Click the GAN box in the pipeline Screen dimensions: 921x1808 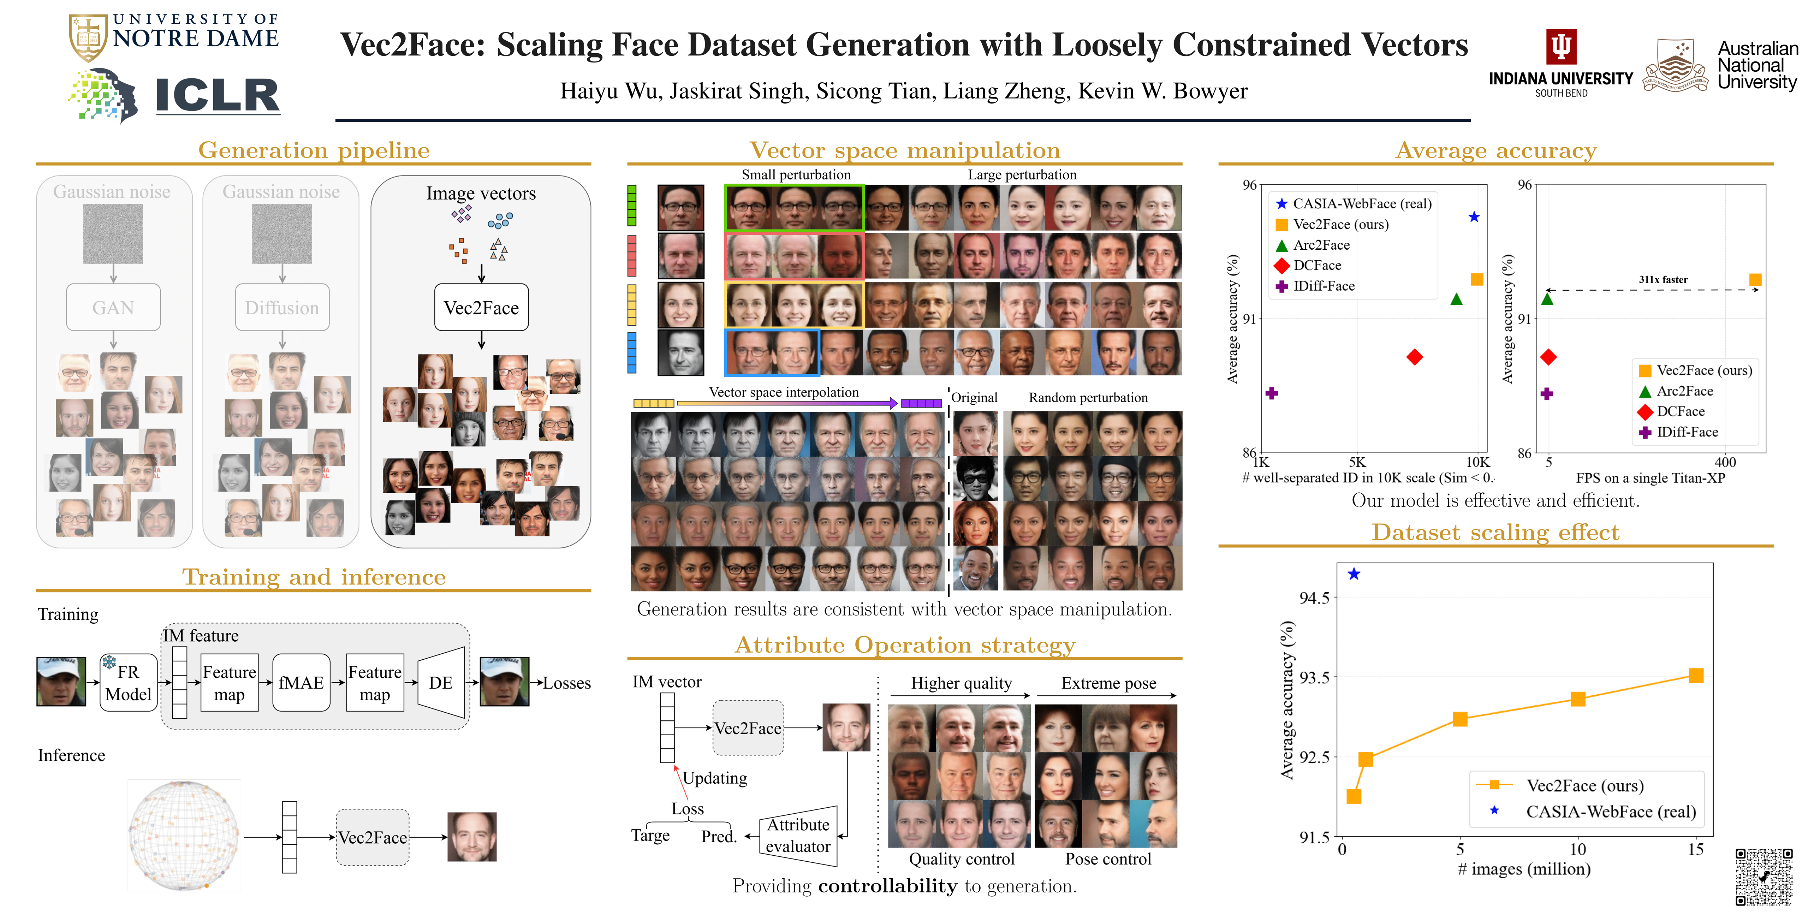coord(113,308)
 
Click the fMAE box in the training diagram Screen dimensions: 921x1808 coord(301,682)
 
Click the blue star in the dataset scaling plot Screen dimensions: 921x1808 coord(1354,574)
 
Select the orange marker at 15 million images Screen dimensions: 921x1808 coord(1696,675)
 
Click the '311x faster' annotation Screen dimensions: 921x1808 coord(1663,279)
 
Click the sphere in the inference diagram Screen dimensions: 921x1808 coord(184,835)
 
